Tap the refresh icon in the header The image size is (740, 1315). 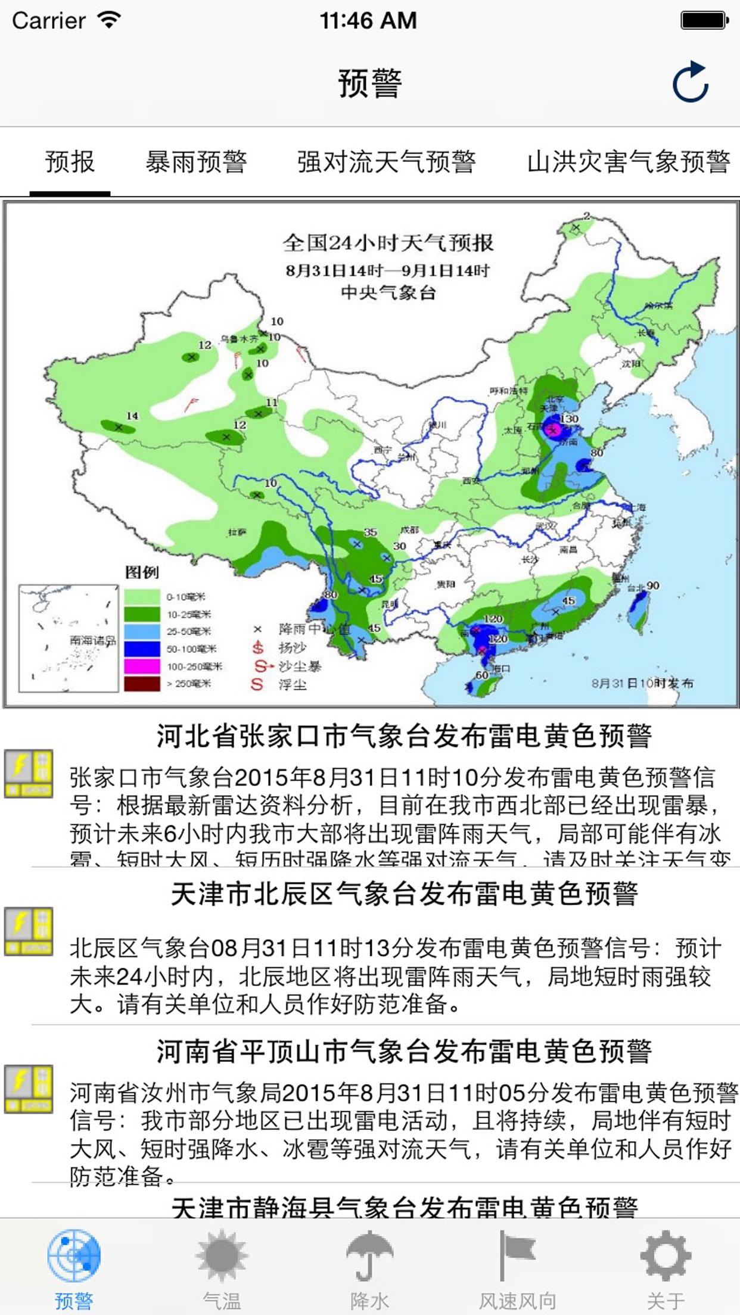[691, 82]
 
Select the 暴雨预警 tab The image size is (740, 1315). [196, 161]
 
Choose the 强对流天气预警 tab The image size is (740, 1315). [386, 161]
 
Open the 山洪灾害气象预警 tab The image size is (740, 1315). [628, 161]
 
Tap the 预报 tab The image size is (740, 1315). [70, 161]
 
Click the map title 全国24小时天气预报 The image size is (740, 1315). [388, 242]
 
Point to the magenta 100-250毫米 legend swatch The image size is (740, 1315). [142, 666]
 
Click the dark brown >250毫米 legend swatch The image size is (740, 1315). [142, 683]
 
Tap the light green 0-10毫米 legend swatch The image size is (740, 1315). [142, 596]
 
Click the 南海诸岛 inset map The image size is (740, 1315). [69, 638]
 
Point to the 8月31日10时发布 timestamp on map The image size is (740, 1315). [642, 683]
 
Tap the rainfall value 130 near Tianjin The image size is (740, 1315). [569, 419]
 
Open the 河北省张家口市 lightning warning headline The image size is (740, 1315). [404, 736]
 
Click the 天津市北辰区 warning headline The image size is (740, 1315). [404, 894]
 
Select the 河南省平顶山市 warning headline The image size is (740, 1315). [404, 1052]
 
